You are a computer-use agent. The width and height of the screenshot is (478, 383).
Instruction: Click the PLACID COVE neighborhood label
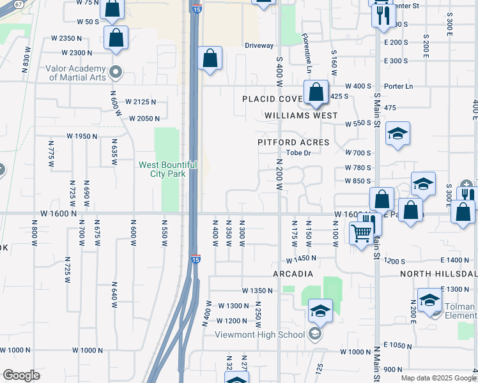[272, 99]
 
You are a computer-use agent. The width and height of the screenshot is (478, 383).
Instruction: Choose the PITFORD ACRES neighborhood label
[293, 142]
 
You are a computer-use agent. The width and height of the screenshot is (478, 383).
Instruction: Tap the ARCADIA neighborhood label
[293, 274]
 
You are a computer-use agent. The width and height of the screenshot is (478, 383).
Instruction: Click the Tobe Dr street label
[298, 153]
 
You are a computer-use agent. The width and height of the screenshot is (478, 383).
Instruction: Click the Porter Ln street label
[399, 86]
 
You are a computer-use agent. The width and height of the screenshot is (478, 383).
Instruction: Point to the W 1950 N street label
[82, 136]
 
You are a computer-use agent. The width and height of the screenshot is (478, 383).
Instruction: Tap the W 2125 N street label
[141, 101]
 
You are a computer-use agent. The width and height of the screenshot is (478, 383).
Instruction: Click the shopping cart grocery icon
[361, 232]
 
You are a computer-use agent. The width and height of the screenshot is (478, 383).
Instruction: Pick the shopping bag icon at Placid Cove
[316, 93]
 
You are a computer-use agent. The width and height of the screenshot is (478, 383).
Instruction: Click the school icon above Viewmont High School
[320, 311]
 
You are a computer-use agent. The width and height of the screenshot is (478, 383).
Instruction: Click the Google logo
[22, 375]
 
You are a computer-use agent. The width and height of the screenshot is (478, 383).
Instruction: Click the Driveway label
[259, 45]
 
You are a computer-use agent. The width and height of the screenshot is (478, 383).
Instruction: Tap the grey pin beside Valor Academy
[116, 71]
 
